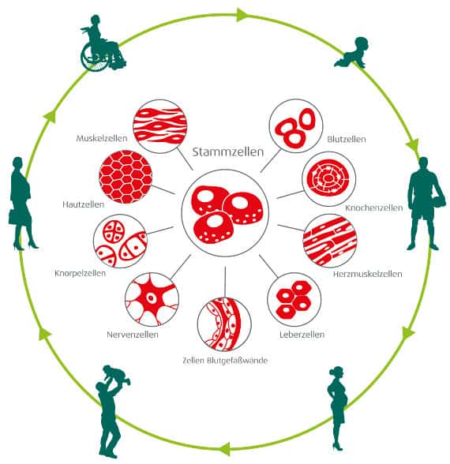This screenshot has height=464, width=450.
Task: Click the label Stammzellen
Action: pyautogui.click(x=227, y=152)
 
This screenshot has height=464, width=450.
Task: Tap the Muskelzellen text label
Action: pyautogui.click(x=102, y=138)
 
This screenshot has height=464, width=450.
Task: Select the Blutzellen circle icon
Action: pyautogui.click(x=295, y=126)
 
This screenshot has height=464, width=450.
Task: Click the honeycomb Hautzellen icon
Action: pyautogui.click(x=126, y=178)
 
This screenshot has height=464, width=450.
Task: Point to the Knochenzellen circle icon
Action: pyautogui.click(x=328, y=178)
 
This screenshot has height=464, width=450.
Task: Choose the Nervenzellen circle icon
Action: pyautogui.click(x=152, y=300)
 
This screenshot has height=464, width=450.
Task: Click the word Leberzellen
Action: pyautogui.click(x=302, y=335)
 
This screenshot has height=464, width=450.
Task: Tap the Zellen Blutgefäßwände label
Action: pyautogui.click(x=225, y=361)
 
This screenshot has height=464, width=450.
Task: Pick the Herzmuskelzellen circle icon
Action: pyautogui.click(x=329, y=241)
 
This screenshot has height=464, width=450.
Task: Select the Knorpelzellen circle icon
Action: pyautogui.click(x=120, y=241)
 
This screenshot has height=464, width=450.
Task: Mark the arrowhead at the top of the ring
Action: pyautogui.click(x=242, y=15)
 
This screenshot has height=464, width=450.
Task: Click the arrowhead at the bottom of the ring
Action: pyautogui.click(x=226, y=448)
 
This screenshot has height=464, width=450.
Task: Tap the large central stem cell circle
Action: pyautogui.click(x=225, y=213)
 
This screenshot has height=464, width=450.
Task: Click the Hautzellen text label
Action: pyautogui.click(x=83, y=204)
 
